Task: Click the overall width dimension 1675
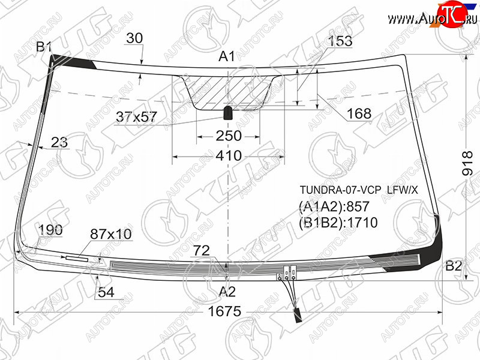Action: tap(224, 311)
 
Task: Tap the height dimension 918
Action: tap(467, 163)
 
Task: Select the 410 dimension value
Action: tap(229, 156)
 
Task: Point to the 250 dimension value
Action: tap(229, 136)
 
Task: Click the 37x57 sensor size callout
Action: tap(137, 117)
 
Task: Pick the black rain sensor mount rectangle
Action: tap(228, 113)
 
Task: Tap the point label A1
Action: tap(227, 56)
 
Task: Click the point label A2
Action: tap(227, 292)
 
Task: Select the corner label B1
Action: tap(43, 47)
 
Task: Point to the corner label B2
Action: tap(454, 266)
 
